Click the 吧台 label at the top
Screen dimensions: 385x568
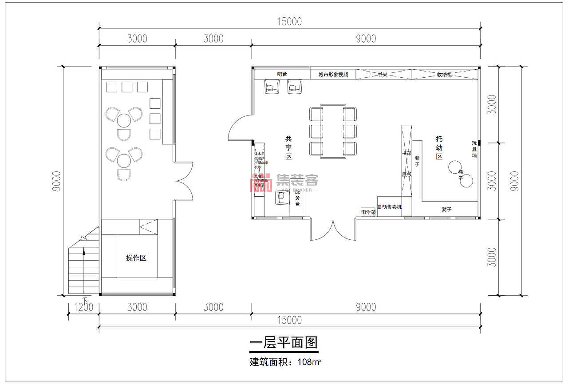click(282, 74)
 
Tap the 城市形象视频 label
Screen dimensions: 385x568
click(333, 75)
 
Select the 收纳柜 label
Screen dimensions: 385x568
click(444, 75)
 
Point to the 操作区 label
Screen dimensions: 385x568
click(136, 258)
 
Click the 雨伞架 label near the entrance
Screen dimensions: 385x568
click(368, 212)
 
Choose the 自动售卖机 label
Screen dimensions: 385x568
click(389, 207)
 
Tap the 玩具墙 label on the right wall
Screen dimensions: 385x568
click(474, 149)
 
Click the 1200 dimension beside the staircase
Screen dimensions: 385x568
click(83, 307)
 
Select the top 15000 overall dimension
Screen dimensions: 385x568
click(289, 21)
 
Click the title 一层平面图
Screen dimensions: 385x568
click(284, 343)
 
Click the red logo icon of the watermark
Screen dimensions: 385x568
click(262, 183)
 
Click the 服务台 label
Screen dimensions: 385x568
click(297, 198)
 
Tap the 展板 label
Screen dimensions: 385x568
click(406, 175)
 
